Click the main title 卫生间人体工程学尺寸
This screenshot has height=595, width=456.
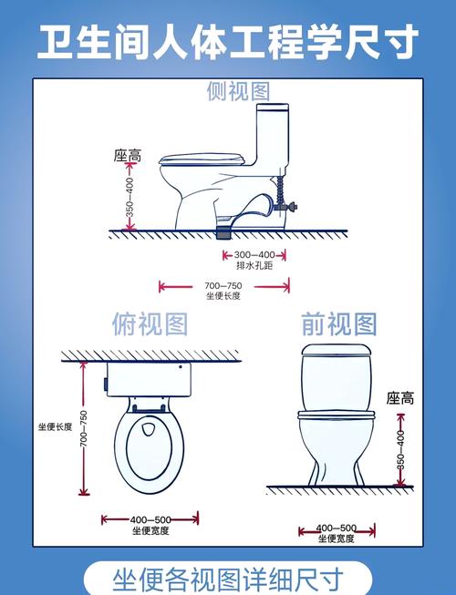[228, 41]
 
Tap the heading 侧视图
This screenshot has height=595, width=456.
[238, 91]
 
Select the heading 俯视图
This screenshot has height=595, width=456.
[150, 323]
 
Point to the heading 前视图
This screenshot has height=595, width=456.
[338, 323]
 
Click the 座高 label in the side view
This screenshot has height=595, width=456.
[127, 157]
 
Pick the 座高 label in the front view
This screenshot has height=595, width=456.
[399, 398]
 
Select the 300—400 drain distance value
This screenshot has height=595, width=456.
[254, 254]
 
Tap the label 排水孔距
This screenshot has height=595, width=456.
[254, 266]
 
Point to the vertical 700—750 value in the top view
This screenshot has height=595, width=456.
[84, 428]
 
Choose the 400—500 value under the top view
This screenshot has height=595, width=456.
[150, 518]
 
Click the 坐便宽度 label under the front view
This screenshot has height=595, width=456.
[337, 539]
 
